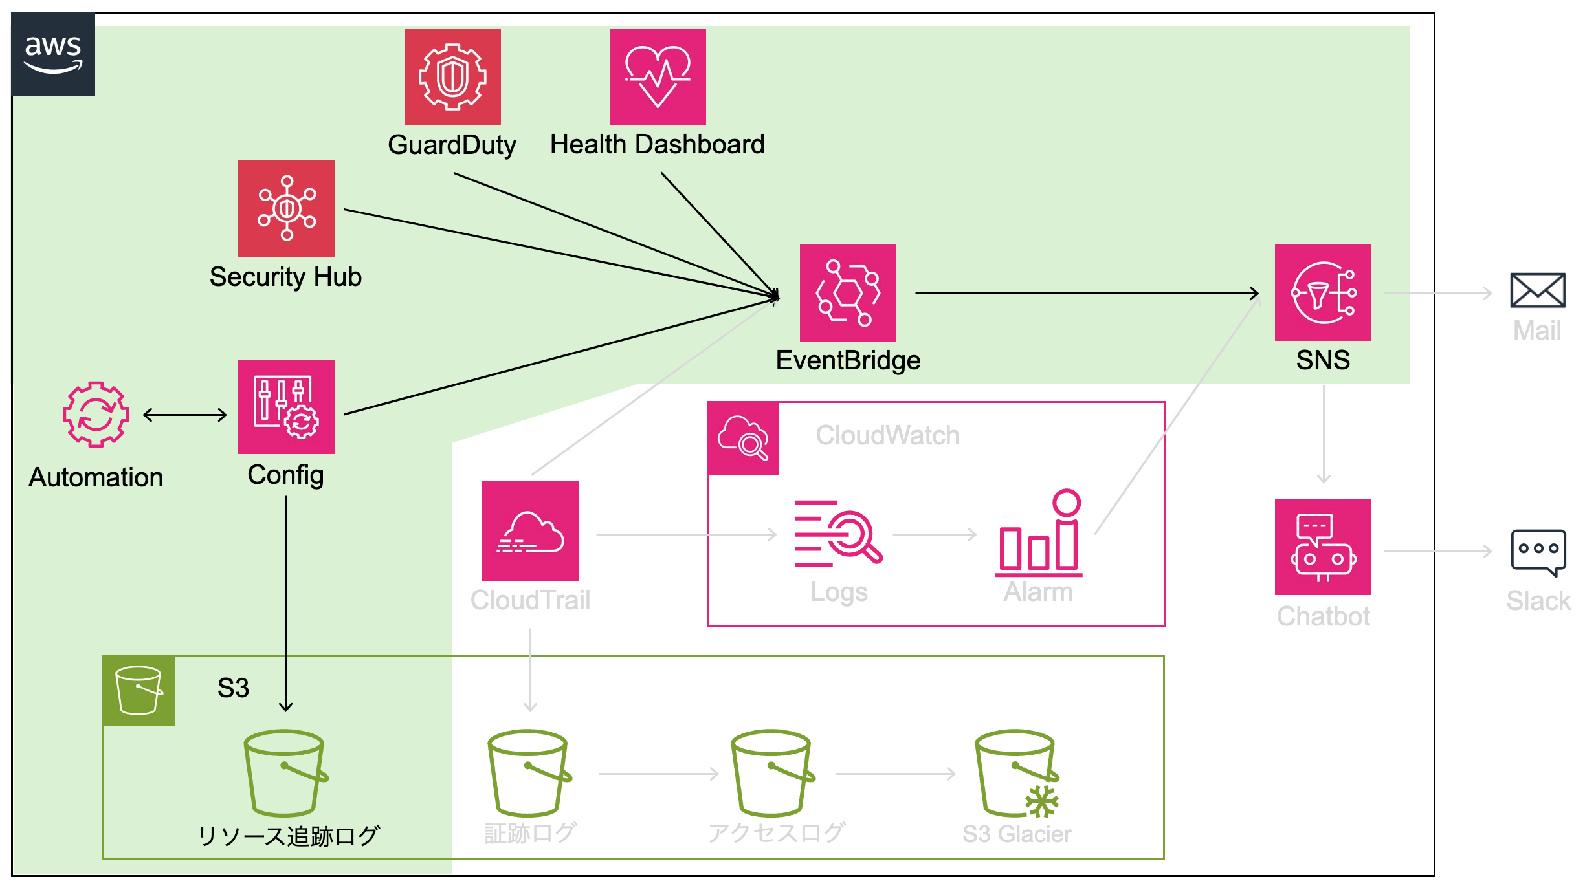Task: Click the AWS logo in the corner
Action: click(x=53, y=54)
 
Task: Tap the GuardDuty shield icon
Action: click(x=452, y=77)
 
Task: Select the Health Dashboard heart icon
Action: click(x=658, y=77)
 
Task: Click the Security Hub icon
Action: click(x=287, y=208)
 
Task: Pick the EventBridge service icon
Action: click(x=848, y=292)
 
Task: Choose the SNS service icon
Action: click(x=1323, y=292)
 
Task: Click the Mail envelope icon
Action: click(x=1538, y=290)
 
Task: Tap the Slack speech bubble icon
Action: click(x=1538, y=552)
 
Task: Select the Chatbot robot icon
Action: click(x=1323, y=547)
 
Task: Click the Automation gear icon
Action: click(x=96, y=414)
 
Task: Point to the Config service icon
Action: click(x=286, y=407)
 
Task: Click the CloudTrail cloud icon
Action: click(x=530, y=530)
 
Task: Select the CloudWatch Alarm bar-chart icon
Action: click(x=1039, y=534)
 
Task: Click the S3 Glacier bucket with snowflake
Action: click(x=1017, y=774)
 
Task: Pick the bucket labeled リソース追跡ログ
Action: click(x=285, y=774)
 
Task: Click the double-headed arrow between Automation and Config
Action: click(x=184, y=415)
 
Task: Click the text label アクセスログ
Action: click(x=776, y=833)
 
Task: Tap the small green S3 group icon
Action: click(x=139, y=690)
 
